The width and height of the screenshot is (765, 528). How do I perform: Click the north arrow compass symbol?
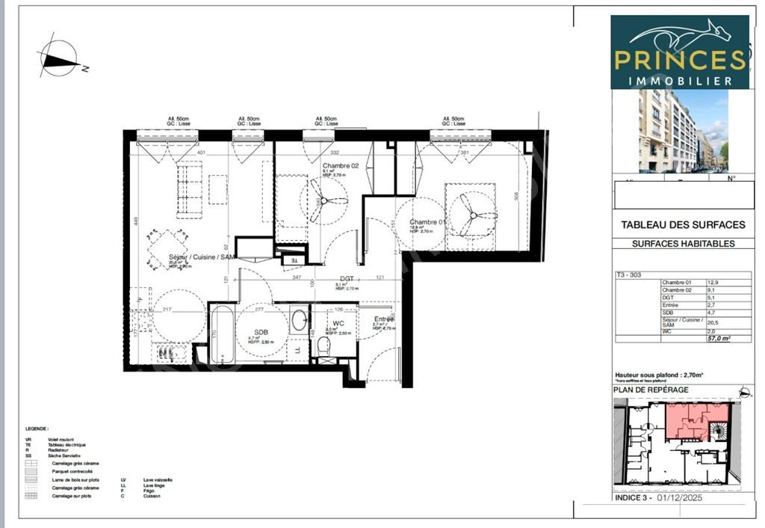pos(58,58)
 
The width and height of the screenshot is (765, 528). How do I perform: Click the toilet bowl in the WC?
pos(323,346)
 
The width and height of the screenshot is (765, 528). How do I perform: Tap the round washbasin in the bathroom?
pos(298,321)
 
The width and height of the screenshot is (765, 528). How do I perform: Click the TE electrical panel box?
pos(294,260)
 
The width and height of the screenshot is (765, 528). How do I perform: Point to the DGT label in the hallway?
pos(345,278)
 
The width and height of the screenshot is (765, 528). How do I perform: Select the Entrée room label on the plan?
pos(383,319)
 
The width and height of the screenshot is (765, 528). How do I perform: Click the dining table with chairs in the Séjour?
pos(167,245)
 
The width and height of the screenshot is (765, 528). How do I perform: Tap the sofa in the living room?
pos(190,190)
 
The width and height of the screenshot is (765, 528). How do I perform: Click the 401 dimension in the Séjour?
pos(201,153)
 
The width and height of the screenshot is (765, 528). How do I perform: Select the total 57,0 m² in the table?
pos(718,338)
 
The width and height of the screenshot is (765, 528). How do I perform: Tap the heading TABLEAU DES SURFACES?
pos(683,224)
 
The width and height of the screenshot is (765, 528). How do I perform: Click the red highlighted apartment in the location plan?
pos(695,420)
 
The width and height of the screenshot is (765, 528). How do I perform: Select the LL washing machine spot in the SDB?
pos(297,350)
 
